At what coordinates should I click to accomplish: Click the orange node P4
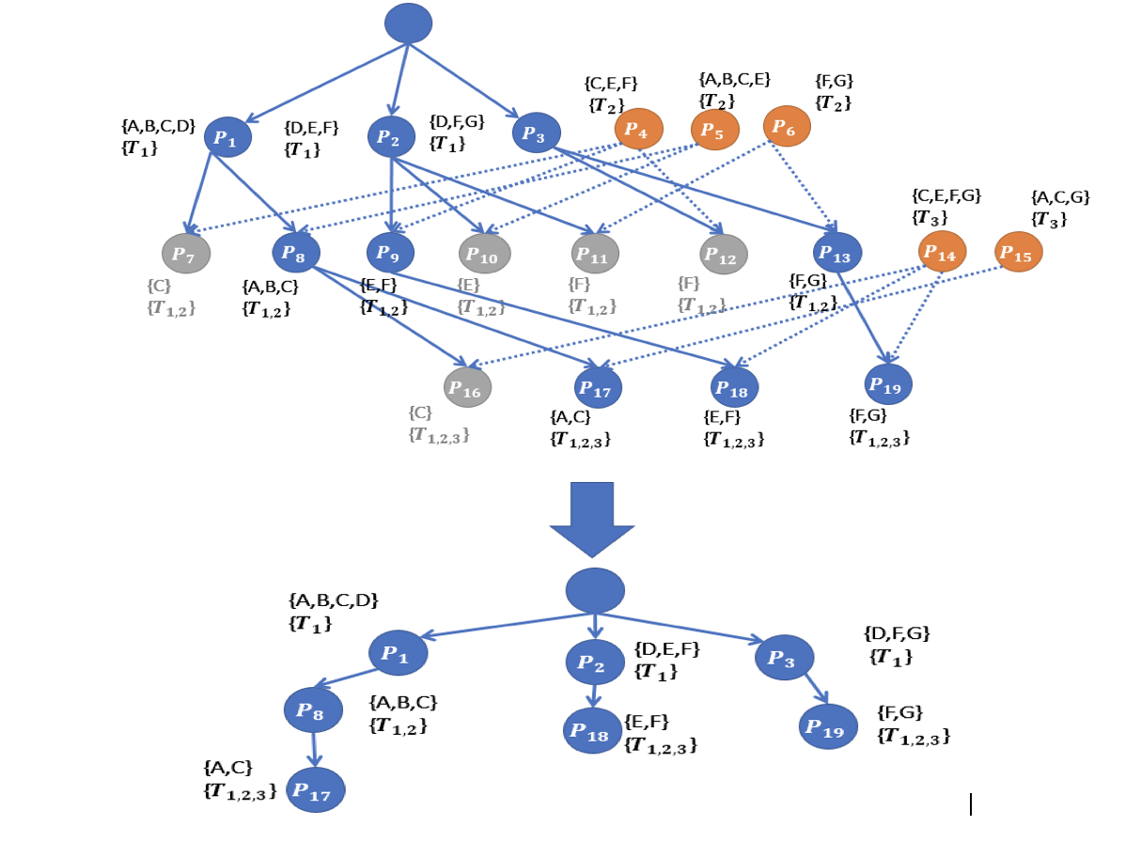coord(639,129)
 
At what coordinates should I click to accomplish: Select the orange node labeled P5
coord(715,130)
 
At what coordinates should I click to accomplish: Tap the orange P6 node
coord(787,126)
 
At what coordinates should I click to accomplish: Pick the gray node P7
coord(186,254)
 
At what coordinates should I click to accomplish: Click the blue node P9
coord(390,253)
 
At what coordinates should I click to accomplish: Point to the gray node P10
coord(485,254)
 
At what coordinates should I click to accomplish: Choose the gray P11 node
coord(595,254)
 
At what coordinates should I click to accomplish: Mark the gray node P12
coord(724,254)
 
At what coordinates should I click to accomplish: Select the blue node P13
coord(837,253)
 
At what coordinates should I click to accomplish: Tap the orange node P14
coord(942,252)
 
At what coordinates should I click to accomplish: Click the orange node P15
coord(1019,252)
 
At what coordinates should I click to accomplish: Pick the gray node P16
coord(467,387)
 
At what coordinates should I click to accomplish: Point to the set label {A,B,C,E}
coord(734,80)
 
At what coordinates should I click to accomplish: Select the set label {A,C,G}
coord(1060,198)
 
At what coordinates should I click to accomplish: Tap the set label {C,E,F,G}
coord(946,196)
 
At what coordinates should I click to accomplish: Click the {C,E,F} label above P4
coord(611,85)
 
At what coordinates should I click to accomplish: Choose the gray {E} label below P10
coord(468,285)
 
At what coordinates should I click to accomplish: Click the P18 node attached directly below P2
coord(592,730)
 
